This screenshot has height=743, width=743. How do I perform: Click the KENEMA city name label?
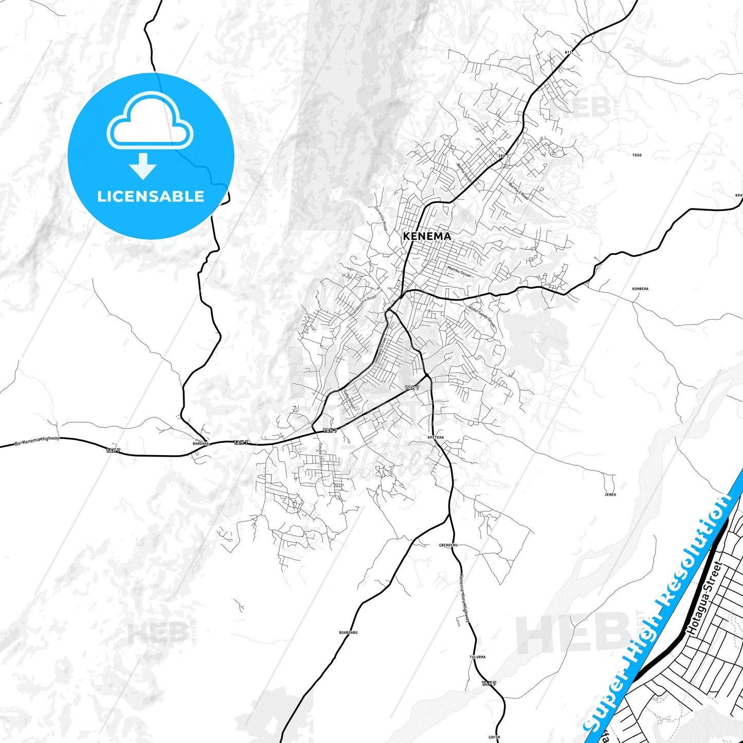tap(427, 236)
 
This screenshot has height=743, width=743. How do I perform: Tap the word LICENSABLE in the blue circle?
tap(151, 196)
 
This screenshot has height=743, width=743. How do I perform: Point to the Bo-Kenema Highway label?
tap(37, 441)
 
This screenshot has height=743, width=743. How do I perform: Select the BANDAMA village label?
tap(201, 443)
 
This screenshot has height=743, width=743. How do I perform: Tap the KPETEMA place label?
tap(436, 438)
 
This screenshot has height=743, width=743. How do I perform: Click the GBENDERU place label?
tap(448, 545)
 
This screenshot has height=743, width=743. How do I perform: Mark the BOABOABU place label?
tap(348, 632)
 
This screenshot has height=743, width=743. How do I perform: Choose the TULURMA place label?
tap(477, 657)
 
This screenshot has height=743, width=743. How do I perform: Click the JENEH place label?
tap(610, 495)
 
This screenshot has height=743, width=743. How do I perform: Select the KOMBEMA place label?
tap(640, 289)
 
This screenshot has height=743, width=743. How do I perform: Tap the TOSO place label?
tap(637, 155)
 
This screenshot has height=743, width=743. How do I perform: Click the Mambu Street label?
tap(459, 271)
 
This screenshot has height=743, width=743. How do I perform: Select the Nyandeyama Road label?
tap(363, 305)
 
